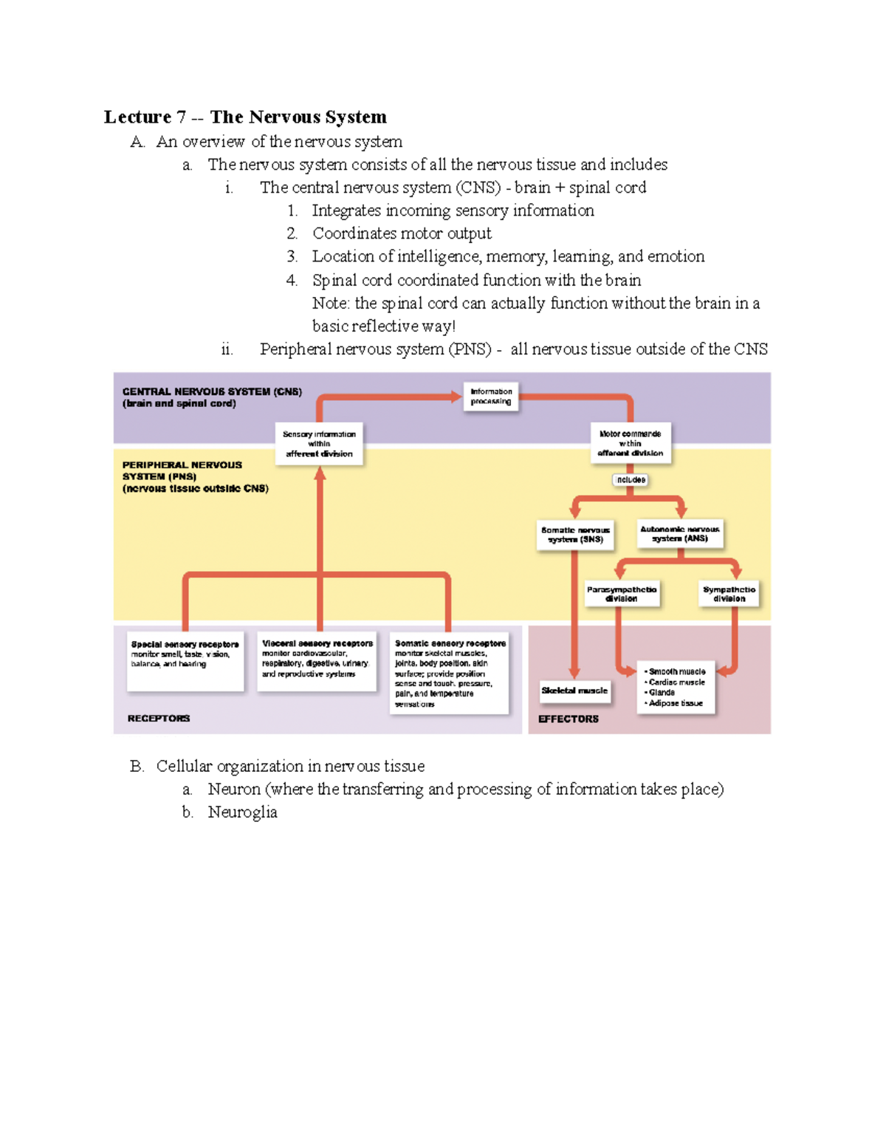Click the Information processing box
491,397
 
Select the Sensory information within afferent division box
319,444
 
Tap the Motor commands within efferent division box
630,443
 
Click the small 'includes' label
631,480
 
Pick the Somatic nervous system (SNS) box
575,535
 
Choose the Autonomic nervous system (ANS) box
680,534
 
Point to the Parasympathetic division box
622,594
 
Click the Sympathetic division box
729,594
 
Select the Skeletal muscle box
574,691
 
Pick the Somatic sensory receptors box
450,672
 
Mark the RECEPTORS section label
159,719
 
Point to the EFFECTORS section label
569,719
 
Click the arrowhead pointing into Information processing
456,397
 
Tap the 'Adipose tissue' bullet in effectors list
675,703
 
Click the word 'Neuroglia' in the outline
242,812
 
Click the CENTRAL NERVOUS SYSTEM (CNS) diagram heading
212,392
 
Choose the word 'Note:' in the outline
330,304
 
